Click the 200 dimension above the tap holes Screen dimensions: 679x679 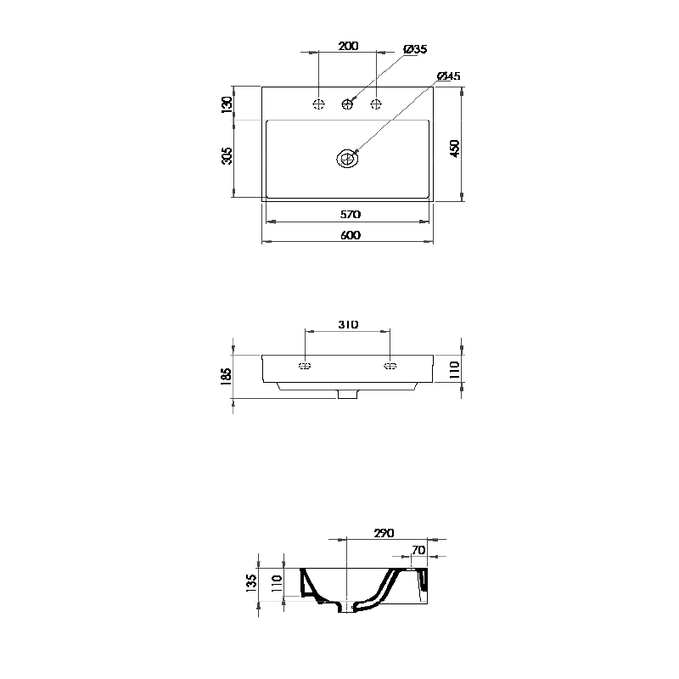coord(347,46)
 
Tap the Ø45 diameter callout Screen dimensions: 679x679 coord(447,76)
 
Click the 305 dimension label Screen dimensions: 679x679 coord(227,158)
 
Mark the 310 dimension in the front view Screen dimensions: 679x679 coord(348,324)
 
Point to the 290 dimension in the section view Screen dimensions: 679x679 coord(384,533)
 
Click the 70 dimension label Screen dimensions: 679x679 coord(418,551)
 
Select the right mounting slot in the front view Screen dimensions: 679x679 coord(390,366)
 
